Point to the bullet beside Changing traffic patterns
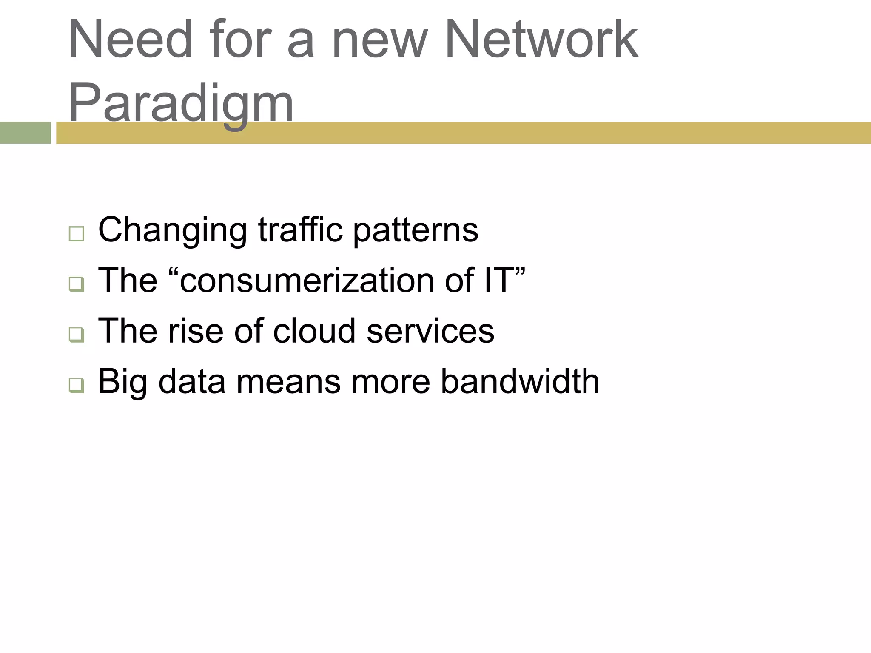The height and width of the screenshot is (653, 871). (x=76, y=234)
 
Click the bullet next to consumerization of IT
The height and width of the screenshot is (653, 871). (x=76, y=284)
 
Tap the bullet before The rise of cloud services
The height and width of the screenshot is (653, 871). (x=76, y=335)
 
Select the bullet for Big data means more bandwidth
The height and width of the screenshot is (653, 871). (x=76, y=385)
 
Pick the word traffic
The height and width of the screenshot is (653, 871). (x=300, y=230)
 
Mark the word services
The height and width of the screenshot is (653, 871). (x=430, y=331)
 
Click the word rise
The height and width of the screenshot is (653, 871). (x=196, y=331)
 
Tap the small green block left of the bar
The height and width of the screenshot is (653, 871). (x=26, y=133)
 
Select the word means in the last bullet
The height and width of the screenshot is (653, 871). (x=288, y=382)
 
